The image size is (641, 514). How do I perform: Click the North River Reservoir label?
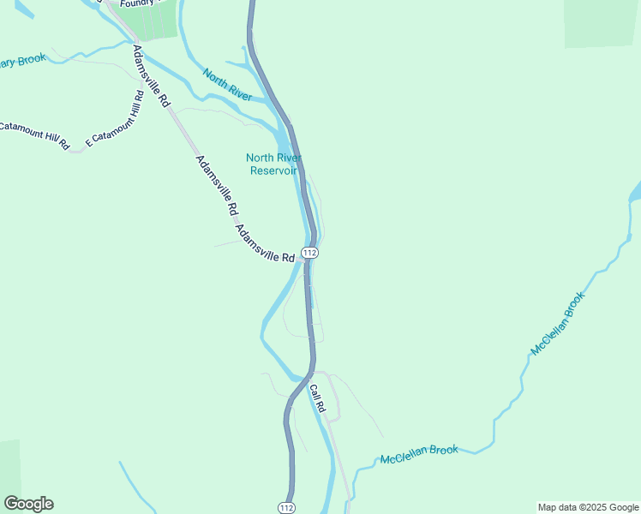pos(273,164)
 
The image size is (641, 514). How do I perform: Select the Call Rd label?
pos(318,400)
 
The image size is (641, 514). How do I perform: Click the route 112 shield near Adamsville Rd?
pos(310,254)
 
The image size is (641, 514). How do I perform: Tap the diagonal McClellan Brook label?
pos(558,324)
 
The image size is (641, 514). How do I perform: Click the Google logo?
pos(28,504)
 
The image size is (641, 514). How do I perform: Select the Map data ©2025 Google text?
pos(587,507)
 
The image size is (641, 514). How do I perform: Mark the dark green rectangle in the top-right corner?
pos(602,22)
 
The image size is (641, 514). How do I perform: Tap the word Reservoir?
pos(273,170)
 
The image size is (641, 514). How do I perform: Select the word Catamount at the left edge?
pos(21,128)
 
